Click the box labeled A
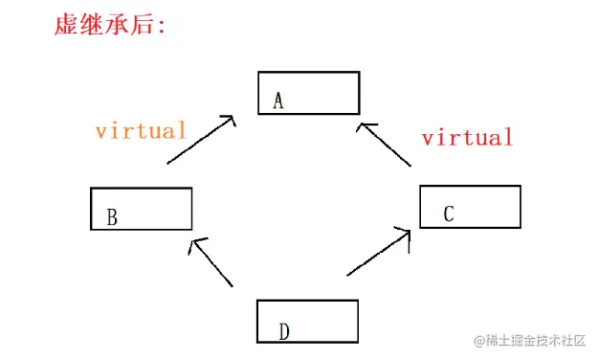(309, 93)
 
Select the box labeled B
(142, 209)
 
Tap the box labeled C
(470, 207)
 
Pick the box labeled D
(308, 322)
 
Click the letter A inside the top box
(278, 101)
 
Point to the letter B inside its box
(112, 218)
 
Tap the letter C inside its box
(448, 214)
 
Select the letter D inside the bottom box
(284, 331)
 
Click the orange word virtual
(141, 131)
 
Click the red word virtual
(467, 138)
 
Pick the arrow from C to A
(385, 145)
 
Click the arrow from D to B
(211, 262)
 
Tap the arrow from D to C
(380, 251)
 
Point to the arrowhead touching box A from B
(228, 121)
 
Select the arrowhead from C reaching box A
(363, 125)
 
